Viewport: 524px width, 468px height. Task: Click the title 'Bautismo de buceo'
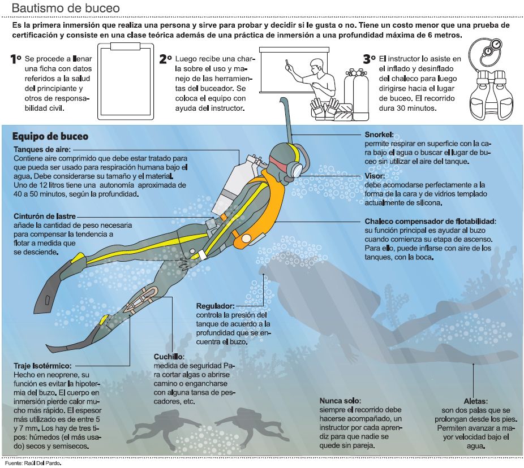point(66,8)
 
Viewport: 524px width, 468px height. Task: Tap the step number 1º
point(16,59)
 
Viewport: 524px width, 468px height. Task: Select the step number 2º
point(166,59)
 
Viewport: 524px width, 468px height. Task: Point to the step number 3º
point(370,59)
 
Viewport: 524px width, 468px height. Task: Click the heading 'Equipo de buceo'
point(50,136)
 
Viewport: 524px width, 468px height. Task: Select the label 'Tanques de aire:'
point(42,149)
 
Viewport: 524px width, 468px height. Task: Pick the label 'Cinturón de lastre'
point(45,216)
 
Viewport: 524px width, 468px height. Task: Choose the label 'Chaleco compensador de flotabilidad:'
point(431,222)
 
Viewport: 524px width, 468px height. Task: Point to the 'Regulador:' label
point(216,306)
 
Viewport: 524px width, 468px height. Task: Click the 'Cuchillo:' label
point(169,357)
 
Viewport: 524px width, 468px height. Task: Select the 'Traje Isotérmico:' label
point(42,366)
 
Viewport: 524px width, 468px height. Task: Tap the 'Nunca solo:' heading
point(340,401)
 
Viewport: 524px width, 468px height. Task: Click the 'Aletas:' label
point(475,401)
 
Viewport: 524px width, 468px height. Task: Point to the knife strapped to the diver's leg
point(141,299)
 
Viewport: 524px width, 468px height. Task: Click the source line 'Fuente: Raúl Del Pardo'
point(33,463)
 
